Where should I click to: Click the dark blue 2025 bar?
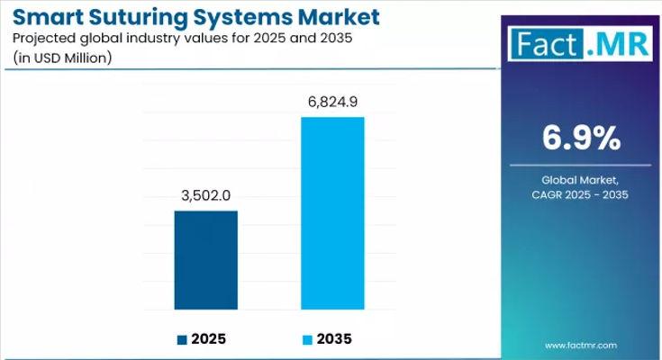206,259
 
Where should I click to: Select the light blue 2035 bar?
332,212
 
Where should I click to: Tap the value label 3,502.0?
206,195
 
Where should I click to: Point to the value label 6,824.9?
332,102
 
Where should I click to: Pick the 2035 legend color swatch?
307,339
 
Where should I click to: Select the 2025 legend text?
208,339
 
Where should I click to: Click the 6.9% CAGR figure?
581,138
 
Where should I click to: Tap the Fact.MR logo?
580,42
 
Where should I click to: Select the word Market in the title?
338,17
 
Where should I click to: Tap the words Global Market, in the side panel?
581,181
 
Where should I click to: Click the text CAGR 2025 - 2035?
581,195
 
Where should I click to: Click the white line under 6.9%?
581,165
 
